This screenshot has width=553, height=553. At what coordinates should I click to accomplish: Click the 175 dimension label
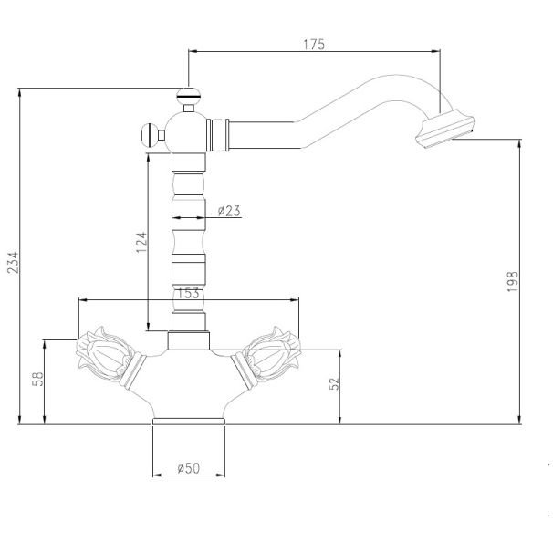[314, 45]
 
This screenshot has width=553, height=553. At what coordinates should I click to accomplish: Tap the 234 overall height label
[13, 263]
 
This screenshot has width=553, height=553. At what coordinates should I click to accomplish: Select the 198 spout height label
[513, 281]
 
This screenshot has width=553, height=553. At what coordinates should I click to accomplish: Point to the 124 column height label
[141, 242]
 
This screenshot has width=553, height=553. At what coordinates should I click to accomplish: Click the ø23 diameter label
[229, 211]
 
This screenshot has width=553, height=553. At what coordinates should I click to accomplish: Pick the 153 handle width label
[188, 293]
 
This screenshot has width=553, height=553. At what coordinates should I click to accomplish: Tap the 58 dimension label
[37, 379]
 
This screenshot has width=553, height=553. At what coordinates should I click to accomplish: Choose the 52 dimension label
[334, 383]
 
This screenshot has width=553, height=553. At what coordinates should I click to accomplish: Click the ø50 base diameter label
[188, 468]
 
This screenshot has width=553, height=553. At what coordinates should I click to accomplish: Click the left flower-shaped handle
[106, 354]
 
